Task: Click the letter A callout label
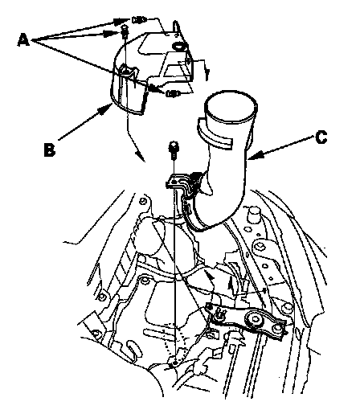click(x=23, y=40)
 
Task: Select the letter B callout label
click(x=50, y=150)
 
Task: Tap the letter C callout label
click(x=321, y=137)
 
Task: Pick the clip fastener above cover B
click(x=139, y=19)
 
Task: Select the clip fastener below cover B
click(x=172, y=94)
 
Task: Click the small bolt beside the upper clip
click(x=125, y=30)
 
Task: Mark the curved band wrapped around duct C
click(x=215, y=134)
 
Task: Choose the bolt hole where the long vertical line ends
click(x=175, y=363)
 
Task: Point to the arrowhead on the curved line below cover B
click(x=141, y=156)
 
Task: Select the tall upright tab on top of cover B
click(x=176, y=28)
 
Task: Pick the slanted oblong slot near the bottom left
click(x=133, y=347)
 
